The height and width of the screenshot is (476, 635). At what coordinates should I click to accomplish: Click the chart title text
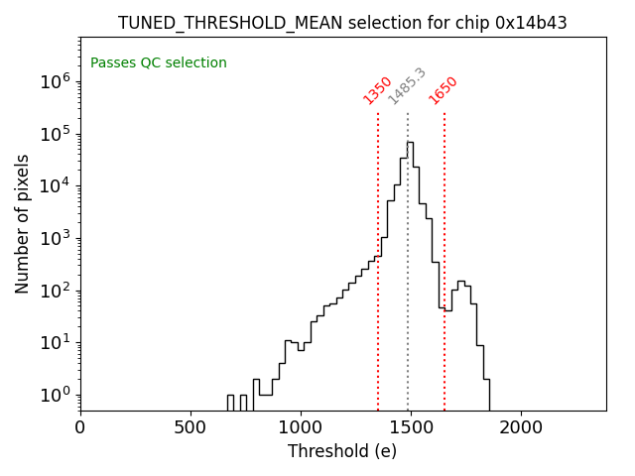click(342, 23)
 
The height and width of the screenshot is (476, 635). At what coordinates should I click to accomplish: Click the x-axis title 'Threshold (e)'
click(342, 451)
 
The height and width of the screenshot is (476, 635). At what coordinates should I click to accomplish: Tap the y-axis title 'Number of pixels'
click(23, 224)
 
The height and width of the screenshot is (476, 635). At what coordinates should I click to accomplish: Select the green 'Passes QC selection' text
click(159, 63)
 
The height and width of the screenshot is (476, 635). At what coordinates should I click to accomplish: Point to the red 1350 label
click(378, 89)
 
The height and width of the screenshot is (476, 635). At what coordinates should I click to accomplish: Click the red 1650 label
click(444, 89)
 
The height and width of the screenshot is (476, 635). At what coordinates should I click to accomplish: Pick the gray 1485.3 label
click(407, 86)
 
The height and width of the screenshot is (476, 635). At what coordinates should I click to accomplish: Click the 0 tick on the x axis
click(80, 427)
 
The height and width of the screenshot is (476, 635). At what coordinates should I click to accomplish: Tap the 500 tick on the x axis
click(190, 427)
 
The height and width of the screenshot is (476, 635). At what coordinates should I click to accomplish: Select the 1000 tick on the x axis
click(301, 427)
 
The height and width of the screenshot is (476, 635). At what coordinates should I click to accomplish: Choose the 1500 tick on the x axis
click(411, 427)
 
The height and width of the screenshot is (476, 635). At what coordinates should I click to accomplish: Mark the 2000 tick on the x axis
click(521, 427)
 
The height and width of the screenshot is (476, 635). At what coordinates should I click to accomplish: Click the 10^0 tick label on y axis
click(55, 396)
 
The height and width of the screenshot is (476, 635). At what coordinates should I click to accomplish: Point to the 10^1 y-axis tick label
click(55, 343)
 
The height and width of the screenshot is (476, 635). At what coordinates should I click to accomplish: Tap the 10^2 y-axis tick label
click(55, 291)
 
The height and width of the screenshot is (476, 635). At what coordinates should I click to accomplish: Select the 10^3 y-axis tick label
click(55, 238)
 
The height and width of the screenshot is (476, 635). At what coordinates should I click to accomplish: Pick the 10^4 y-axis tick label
click(55, 186)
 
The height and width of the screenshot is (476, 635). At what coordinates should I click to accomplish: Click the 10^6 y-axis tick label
click(55, 82)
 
